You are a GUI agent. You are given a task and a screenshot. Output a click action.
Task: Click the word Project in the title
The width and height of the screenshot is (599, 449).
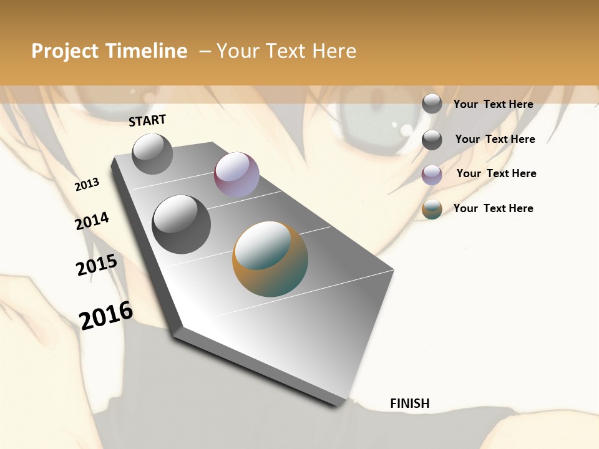65,51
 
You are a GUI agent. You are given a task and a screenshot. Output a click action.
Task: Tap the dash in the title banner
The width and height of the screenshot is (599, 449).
205,51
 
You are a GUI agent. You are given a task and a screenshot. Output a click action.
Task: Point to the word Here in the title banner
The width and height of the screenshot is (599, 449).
334,51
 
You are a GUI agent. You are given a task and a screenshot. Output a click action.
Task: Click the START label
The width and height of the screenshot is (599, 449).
147,120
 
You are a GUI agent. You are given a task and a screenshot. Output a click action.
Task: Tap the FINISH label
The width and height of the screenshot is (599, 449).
409,403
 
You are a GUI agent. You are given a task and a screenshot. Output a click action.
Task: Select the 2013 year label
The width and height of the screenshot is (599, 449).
87,185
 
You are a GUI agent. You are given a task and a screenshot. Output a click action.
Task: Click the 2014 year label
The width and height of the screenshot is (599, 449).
92,221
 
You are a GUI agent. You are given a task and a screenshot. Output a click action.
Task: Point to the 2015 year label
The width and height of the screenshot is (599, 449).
97,265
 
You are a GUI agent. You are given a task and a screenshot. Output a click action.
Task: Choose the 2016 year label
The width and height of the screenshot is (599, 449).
106,315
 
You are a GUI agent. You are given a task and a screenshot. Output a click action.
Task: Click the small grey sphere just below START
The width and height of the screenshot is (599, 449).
152,153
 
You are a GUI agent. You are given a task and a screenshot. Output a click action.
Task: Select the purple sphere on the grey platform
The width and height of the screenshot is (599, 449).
236,175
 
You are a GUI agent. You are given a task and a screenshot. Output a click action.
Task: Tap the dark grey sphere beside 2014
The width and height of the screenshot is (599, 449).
182,224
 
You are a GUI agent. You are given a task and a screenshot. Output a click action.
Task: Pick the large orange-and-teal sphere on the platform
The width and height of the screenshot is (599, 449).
270,259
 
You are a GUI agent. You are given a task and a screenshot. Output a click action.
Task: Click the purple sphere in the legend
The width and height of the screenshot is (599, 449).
432,175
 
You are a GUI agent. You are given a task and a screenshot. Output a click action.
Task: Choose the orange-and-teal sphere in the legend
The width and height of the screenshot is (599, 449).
432,210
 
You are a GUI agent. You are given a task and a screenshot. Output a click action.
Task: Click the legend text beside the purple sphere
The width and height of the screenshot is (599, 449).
496,173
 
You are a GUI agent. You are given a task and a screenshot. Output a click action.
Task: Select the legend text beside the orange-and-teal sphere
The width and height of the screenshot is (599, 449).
493,208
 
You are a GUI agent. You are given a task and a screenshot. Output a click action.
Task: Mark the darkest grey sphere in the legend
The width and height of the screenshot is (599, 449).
432,140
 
